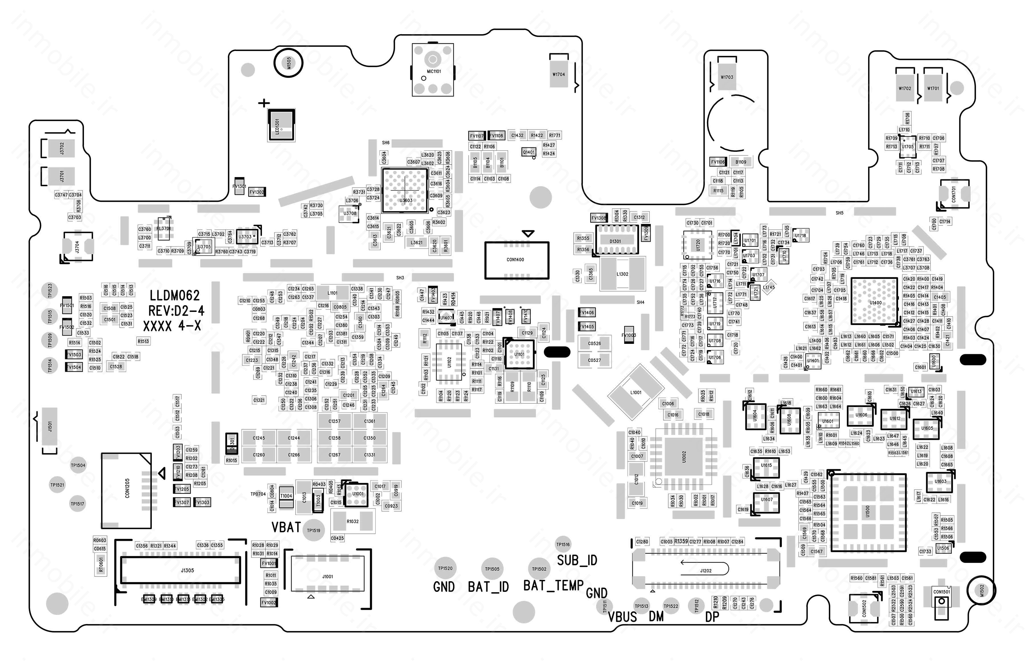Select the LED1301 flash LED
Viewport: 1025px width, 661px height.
tap(281, 124)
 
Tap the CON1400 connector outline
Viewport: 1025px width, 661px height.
tap(516, 260)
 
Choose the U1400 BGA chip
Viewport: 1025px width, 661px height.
tap(874, 301)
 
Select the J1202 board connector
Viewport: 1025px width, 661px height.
tap(705, 570)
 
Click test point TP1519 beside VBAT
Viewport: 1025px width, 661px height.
tap(313, 531)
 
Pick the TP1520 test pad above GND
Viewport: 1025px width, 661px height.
tap(445, 568)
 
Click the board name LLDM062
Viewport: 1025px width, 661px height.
tap(175, 295)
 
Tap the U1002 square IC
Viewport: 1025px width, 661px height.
tap(684, 456)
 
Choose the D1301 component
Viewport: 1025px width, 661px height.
tap(615, 241)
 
